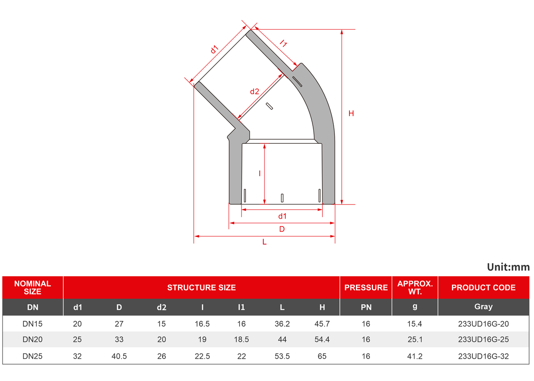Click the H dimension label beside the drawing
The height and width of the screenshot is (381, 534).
pos(351,113)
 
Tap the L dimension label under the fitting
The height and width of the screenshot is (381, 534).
pos(265,242)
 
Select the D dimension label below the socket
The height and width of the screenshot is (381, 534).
pos(282,229)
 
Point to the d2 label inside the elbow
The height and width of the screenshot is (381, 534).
pos(254,92)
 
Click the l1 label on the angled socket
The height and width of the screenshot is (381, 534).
pos(283,43)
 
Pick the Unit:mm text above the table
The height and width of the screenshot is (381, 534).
pos(508,267)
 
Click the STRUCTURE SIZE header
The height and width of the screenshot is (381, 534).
pos(201,287)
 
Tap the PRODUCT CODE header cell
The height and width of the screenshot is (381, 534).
pos(483,287)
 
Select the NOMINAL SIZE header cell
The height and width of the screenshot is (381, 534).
pos(33,287)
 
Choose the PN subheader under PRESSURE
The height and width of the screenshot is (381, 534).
pos(366,307)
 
